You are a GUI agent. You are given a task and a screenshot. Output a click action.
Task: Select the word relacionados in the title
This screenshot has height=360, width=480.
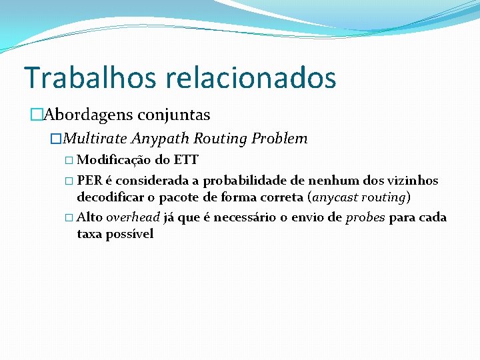click(251, 77)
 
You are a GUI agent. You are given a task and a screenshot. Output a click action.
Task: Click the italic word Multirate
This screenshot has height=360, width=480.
click(95, 139)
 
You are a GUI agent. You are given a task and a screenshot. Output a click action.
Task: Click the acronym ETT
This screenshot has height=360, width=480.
click(186, 160)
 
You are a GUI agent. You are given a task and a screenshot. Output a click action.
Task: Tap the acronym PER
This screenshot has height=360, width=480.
click(89, 181)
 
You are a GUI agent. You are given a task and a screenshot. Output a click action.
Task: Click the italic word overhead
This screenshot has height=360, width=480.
click(133, 217)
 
